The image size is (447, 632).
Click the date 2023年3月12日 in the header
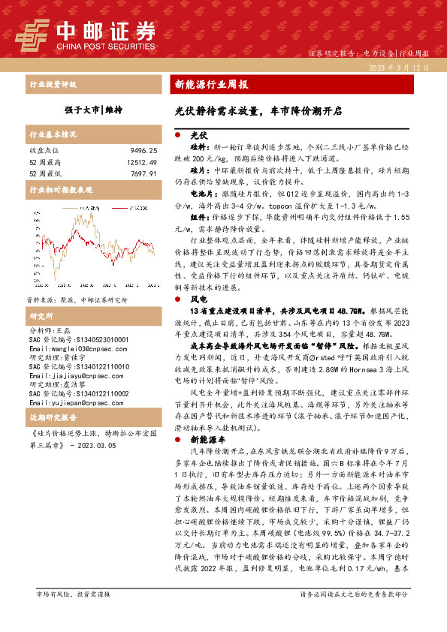click(x=403, y=68)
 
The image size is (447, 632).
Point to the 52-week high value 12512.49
click(x=141, y=161)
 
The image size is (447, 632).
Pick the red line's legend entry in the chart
click(x=71, y=205)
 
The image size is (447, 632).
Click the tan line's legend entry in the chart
click(x=119, y=205)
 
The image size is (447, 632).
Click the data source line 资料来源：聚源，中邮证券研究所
click(x=68, y=298)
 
